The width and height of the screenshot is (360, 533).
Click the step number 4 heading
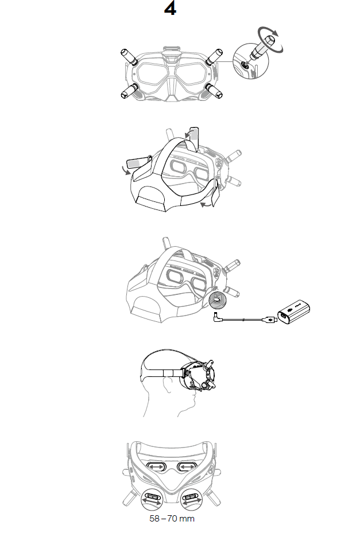tap(170, 9)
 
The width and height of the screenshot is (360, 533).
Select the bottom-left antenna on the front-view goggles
tap(129, 91)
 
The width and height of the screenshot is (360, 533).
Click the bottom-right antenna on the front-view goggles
tap(214, 91)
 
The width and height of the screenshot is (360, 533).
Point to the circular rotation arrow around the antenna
tap(270, 40)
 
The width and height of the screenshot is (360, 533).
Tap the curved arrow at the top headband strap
tap(188, 133)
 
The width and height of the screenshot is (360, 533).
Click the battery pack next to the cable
tap(293, 312)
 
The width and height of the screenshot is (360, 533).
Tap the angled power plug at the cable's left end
tap(218, 317)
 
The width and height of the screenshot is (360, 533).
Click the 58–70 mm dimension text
tap(172, 519)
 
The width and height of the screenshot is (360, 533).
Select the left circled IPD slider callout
tap(152, 499)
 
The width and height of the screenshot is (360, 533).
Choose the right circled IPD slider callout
tap(192, 499)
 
